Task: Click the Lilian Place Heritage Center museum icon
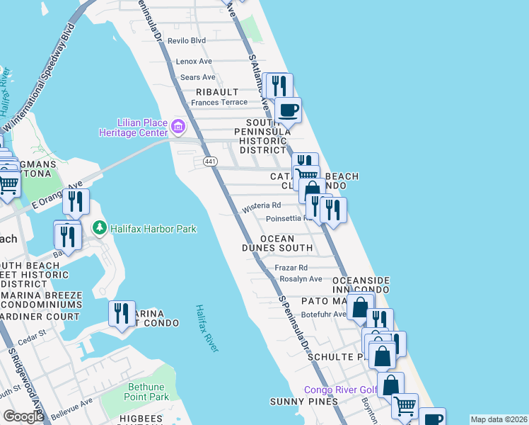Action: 178,128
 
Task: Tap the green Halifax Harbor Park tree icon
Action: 100,228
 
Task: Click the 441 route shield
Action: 210,162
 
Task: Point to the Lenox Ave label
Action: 194,62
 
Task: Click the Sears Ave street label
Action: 198,77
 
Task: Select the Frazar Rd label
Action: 291,268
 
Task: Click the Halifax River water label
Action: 207,327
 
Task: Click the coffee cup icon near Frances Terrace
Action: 288,110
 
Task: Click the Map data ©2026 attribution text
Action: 499,419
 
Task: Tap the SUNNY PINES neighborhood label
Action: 296,402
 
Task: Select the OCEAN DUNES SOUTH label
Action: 286,244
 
